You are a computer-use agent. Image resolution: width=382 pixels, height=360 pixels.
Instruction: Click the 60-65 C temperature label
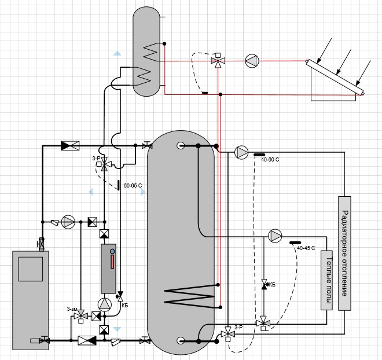133,186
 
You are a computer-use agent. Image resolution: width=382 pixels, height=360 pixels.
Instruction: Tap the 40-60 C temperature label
270,160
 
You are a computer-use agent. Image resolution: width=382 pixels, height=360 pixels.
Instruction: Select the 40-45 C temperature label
306,248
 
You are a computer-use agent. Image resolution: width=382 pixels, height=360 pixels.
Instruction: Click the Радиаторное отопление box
344,254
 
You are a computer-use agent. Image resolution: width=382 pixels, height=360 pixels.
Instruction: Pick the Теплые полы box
326,280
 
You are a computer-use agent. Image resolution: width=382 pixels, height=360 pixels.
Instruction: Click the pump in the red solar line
252,61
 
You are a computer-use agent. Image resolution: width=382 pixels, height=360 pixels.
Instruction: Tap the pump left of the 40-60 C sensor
241,152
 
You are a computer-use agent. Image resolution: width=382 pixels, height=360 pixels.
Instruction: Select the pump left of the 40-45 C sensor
275,236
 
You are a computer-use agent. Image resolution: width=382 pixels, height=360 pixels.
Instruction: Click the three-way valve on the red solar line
218,60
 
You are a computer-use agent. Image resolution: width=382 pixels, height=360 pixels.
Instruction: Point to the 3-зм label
72,309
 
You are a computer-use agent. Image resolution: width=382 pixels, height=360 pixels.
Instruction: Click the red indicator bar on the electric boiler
112,262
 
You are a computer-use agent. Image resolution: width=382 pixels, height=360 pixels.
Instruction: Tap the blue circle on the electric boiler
112,251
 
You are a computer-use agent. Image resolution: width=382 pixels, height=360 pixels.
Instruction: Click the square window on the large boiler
31,269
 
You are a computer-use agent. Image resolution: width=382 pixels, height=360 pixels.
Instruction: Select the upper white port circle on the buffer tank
181,146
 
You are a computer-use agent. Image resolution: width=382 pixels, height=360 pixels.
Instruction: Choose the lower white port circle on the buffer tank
181,340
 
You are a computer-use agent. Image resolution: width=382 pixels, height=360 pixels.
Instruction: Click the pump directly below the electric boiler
105,304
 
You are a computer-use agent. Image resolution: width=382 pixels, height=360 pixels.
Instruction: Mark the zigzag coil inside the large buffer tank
190,295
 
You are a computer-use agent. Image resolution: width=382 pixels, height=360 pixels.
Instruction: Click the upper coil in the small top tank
151,52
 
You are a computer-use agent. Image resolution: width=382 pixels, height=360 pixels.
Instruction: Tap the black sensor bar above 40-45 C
295,243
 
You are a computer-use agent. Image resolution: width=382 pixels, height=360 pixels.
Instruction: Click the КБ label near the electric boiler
125,306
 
